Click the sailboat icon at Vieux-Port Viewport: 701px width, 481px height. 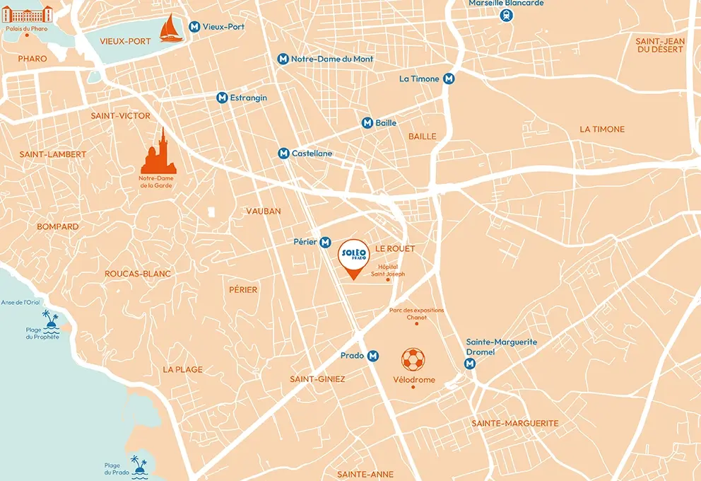click(x=170, y=28)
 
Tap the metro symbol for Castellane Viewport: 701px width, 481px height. click(x=283, y=153)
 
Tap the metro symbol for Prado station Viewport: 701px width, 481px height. click(x=373, y=356)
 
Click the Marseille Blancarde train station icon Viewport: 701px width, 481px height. click(x=506, y=14)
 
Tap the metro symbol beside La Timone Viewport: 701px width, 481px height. click(x=449, y=79)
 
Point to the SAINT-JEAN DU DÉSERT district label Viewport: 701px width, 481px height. click(x=660, y=45)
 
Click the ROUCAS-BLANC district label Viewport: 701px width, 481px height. click(x=138, y=274)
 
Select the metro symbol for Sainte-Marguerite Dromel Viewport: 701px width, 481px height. click(x=470, y=364)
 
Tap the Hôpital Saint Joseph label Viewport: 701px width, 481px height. click(x=388, y=270)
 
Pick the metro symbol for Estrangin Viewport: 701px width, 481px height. click(x=222, y=98)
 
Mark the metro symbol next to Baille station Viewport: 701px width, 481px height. click(x=367, y=123)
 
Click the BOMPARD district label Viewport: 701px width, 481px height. click(x=58, y=226)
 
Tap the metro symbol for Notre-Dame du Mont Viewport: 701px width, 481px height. click(x=283, y=59)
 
